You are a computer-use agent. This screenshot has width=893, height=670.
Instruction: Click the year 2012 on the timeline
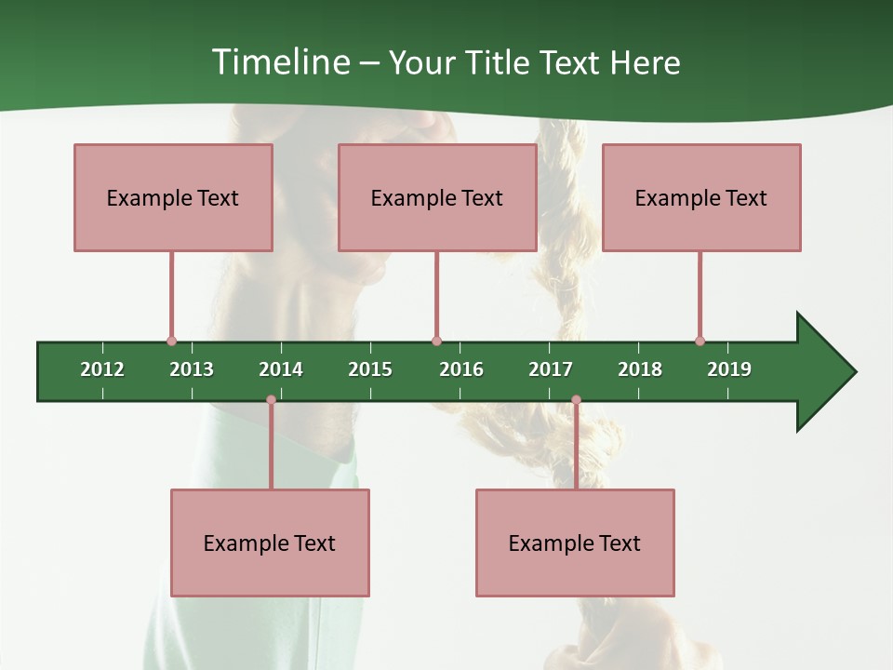click(102, 369)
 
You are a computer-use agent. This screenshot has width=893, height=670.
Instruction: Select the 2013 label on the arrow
click(192, 369)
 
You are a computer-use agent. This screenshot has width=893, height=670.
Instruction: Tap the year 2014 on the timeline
click(281, 369)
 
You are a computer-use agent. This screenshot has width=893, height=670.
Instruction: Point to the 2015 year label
click(370, 369)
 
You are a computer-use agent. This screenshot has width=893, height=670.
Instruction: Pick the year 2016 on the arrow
click(461, 369)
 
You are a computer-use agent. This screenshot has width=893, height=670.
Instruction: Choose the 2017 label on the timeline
click(551, 369)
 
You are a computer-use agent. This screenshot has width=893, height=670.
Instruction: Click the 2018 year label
click(640, 369)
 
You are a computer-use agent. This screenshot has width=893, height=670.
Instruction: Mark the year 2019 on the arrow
click(729, 369)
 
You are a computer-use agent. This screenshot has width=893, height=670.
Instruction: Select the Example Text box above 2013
click(173, 197)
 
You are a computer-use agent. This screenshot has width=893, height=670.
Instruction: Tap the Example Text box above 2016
click(437, 197)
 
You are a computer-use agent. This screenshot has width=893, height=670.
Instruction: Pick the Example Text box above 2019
click(701, 197)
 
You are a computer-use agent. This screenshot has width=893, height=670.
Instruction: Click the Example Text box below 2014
click(270, 543)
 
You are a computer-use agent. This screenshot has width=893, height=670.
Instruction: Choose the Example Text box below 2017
click(575, 543)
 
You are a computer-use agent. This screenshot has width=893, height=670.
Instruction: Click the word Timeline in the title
click(279, 62)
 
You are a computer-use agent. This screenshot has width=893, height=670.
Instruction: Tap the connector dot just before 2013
click(171, 341)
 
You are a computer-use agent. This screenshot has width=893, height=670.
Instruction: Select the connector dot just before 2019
click(700, 341)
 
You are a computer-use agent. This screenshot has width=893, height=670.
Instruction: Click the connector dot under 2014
click(271, 400)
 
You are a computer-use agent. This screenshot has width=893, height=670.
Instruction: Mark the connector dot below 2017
click(576, 400)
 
